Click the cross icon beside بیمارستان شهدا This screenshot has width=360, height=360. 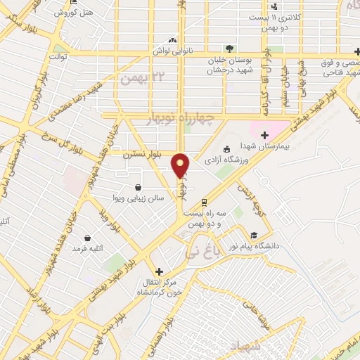(x=264, y=136)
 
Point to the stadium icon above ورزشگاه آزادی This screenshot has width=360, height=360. (x=227, y=148)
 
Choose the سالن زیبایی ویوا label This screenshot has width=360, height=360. (x=141, y=198)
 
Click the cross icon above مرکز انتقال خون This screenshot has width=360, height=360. (x=159, y=271)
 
